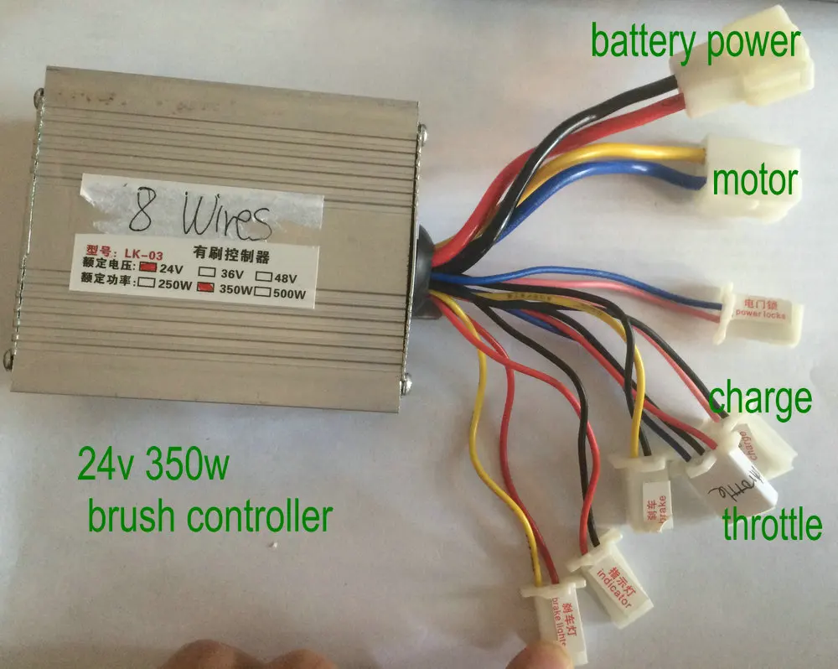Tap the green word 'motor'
coord(753,179)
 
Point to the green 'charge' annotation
coord(761,398)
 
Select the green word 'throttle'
coord(773,526)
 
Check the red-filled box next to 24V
coord(147,268)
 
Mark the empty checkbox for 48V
coord(262,274)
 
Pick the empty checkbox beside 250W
coord(147,284)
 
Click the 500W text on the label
coord(287,293)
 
